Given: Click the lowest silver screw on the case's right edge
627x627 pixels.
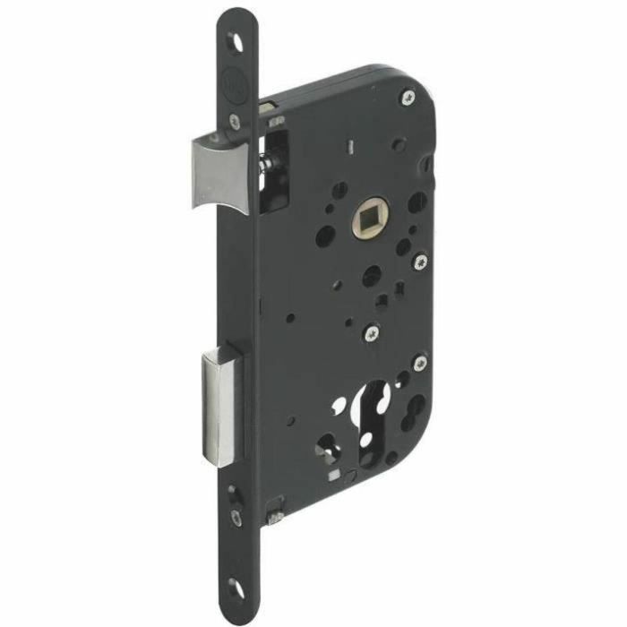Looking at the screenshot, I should point(418,363).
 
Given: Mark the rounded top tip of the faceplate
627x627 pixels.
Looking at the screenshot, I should point(236,15).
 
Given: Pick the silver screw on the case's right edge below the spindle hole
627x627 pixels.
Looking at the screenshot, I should point(420,262).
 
